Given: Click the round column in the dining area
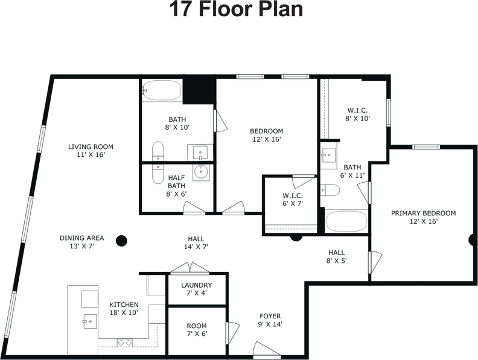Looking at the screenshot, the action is [121, 241].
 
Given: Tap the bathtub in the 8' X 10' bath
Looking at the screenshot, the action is [162, 90].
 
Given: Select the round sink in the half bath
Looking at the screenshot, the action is [201, 172].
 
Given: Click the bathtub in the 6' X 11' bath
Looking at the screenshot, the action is [346, 221].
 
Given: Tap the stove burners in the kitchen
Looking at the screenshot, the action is [125, 343].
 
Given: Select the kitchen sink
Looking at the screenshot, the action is [90, 321].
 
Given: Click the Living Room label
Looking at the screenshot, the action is [91, 147].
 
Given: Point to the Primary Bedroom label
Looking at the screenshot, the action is [424, 213].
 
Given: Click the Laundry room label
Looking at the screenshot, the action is [197, 285].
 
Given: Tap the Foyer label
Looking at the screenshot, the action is [270, 316].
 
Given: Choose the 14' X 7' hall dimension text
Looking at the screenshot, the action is [196, 247].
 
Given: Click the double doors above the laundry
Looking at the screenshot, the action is [190, 268].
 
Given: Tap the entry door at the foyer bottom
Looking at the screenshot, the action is [266, 350].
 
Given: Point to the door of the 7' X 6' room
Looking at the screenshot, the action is [232, 333].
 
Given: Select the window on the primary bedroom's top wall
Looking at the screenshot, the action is [426, 147].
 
